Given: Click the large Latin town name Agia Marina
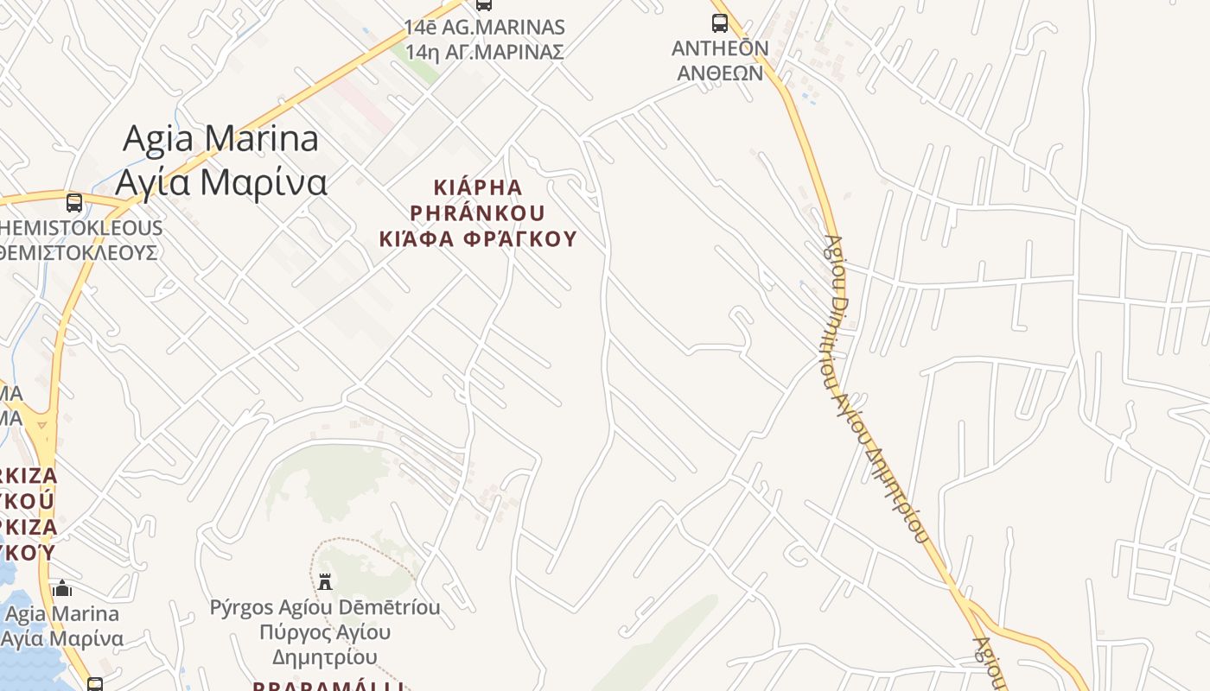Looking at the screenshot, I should pos(220,138).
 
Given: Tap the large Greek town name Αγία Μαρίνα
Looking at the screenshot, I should pos(221,182).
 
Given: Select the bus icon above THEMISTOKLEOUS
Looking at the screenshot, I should pos(74,203).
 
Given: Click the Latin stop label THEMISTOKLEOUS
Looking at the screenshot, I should pos(81,228).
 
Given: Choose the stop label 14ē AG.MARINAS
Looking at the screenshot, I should pos(484,28).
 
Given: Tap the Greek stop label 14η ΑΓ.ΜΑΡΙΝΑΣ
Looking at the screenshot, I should pos(484,52).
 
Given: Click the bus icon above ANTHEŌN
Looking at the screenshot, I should pos(719,23).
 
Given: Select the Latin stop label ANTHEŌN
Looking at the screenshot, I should pos(720,48).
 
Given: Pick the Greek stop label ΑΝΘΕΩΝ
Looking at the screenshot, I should pos(720,73).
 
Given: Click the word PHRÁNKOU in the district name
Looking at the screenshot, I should pos(477,212).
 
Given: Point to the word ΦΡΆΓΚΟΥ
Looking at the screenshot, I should pos(519,238).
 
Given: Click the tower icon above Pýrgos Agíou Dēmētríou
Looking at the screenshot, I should pos(325,582).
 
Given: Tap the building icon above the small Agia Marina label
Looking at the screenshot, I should pos(62,590).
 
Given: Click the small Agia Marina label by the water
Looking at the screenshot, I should pos(62,614).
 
